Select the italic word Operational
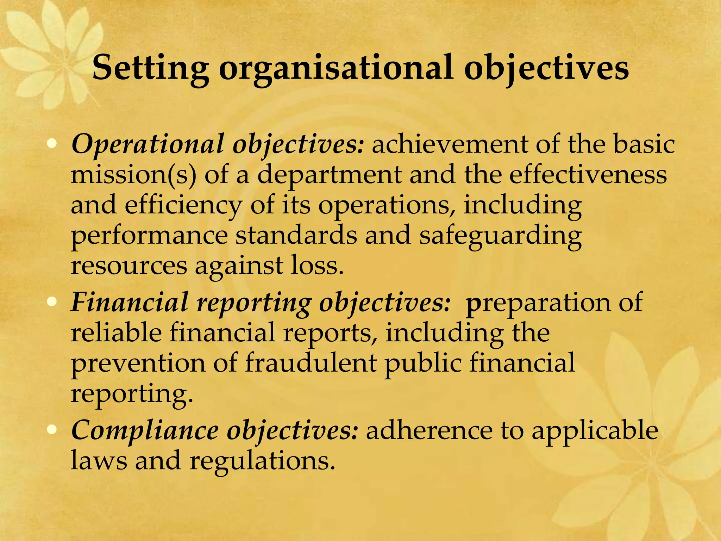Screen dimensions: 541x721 (148, 144)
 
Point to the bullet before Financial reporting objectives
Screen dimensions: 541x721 (52, 302)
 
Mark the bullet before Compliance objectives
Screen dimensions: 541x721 (52, 429)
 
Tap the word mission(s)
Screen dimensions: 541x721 (133, 175)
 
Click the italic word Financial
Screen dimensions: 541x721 (130, 302)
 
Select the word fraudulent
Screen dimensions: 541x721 (311, 363)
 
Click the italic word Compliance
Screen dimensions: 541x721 (145, 430)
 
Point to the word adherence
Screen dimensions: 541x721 (429, 430)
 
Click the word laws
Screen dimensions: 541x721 (99, 460)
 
